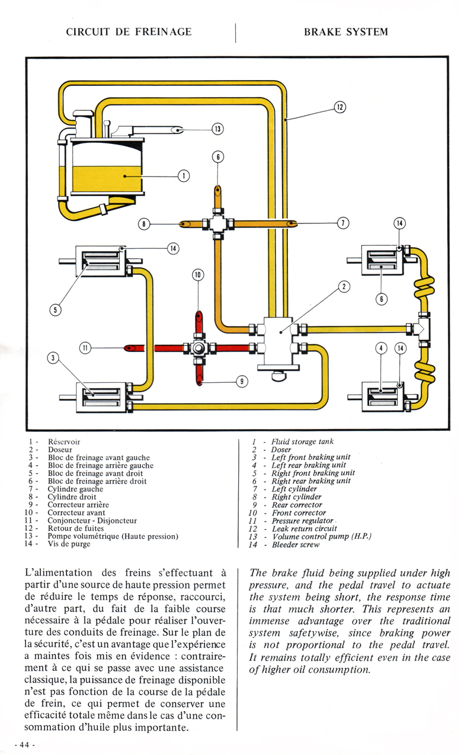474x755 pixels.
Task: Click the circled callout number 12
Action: click(340, 107)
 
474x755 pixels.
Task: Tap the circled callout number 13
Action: click(217, 129)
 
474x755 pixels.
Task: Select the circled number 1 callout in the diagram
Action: click(184, 175)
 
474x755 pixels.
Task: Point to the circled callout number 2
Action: click(344, 286)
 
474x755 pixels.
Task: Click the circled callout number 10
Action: click(198, 275)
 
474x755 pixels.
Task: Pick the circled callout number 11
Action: click(85, 348)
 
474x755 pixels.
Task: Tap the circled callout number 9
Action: click(242, 381)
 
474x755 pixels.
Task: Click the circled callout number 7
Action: click(343, 223)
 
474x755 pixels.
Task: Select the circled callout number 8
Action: click(144, 224)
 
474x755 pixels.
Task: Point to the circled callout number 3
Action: click(53, 357)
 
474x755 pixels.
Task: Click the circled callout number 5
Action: click(56, 309)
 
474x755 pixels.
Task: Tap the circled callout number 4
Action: click(381, 348)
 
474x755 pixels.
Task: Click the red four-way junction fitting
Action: click(200, 348)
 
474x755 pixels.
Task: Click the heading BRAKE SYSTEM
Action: click(346, 32)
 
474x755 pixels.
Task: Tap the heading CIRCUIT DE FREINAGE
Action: click(129, 32)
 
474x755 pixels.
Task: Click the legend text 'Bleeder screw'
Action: click(296, 545)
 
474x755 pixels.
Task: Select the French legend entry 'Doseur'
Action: click(60, 450)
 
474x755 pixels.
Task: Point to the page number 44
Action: click(24, 745)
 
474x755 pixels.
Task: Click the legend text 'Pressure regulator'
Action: click(303, 521)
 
